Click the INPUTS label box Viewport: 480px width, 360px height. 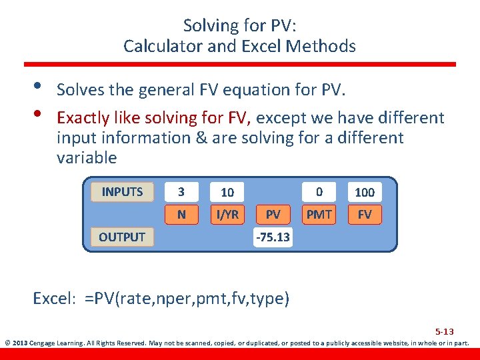coord(122,192)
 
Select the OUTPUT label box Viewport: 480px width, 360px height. coord(122,237)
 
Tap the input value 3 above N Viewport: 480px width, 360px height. coord(181,192)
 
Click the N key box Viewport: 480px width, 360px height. coord(181,215)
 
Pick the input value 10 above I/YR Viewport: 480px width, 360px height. coord(227,192)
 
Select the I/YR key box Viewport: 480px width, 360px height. coord(227,215)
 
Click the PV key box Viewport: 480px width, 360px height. coord(273,215)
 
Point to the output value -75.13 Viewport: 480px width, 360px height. coord(273,237)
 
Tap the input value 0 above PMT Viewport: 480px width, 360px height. coord(319,192)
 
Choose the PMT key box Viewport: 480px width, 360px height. coord(319,215)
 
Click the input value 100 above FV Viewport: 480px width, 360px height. coord(365,192)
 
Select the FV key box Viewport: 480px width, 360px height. coord(365,215)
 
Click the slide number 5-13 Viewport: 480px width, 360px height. coord(445,331)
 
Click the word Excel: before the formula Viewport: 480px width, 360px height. coord(56,299)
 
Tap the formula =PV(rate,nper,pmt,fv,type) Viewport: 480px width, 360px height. coord(187,299)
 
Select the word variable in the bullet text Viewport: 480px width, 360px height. coord(87,158)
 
